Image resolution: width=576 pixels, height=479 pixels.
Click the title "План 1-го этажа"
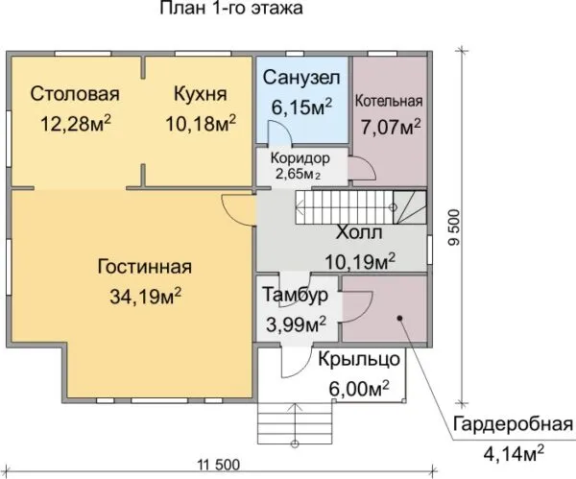(x=231, y=8)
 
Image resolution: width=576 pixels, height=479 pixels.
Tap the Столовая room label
(x=75, y=94)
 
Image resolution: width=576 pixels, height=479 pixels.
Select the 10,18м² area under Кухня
(x=201, y=123)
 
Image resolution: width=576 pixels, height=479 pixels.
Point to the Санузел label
(x=301, y=78)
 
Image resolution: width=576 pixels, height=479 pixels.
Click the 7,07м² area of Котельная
(x=391, y=127)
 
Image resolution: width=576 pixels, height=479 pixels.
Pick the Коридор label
(x=300, y=158)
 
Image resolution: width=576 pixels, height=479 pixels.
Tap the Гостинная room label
(x=145, y=267)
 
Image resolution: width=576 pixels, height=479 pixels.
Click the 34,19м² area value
(x=146, y=296)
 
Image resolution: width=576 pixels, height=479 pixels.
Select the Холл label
(x=359, y=232)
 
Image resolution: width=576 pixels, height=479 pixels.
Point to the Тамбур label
(x=295, y=295)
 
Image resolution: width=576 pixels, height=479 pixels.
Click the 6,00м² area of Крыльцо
(x=359, y=388)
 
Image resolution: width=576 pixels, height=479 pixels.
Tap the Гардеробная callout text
(x=513, y=424)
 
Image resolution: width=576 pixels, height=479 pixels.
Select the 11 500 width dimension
(x=219, y=465)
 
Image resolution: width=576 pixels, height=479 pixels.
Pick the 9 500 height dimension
(x=454, y=227)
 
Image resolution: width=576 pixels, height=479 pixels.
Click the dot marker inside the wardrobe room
(x=400, y=318)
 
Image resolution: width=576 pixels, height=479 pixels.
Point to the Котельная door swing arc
(x=368, y=164)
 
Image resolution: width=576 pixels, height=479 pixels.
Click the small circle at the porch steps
(x=295, y=443)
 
